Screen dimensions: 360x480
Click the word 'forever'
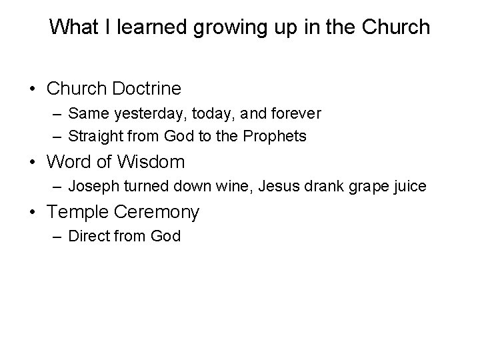tap(296, 114)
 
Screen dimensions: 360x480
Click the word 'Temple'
tap(77, 213)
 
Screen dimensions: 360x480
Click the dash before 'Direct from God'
tap(57, 237)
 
